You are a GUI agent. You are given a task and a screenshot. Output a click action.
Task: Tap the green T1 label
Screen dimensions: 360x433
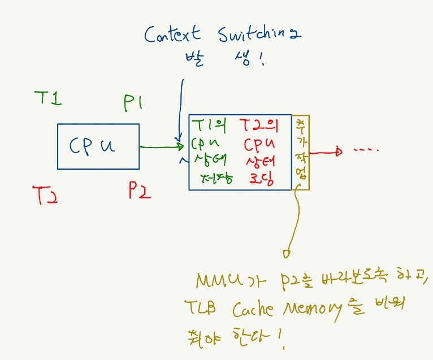[x=47, y=98]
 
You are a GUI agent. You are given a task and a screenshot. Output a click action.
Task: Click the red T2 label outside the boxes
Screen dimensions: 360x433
[x=46, y=194]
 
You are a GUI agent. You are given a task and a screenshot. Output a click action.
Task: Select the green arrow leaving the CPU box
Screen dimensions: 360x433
[x=162, y=148]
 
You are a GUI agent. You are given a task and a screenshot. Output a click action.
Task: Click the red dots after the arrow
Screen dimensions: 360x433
[x=365, y=150]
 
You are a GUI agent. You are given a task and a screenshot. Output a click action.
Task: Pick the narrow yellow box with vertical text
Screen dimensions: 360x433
[x=301, y=152]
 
